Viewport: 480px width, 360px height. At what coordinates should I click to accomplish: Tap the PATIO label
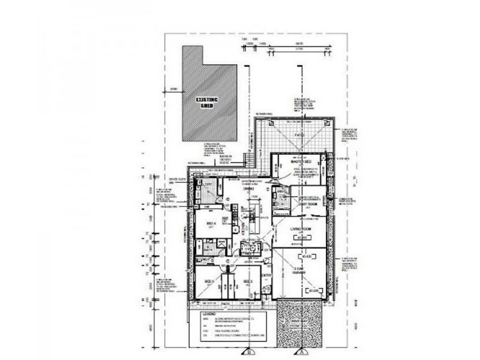tap(299, 136)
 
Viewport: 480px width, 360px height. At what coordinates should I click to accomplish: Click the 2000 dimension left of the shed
tap(175, 89)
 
